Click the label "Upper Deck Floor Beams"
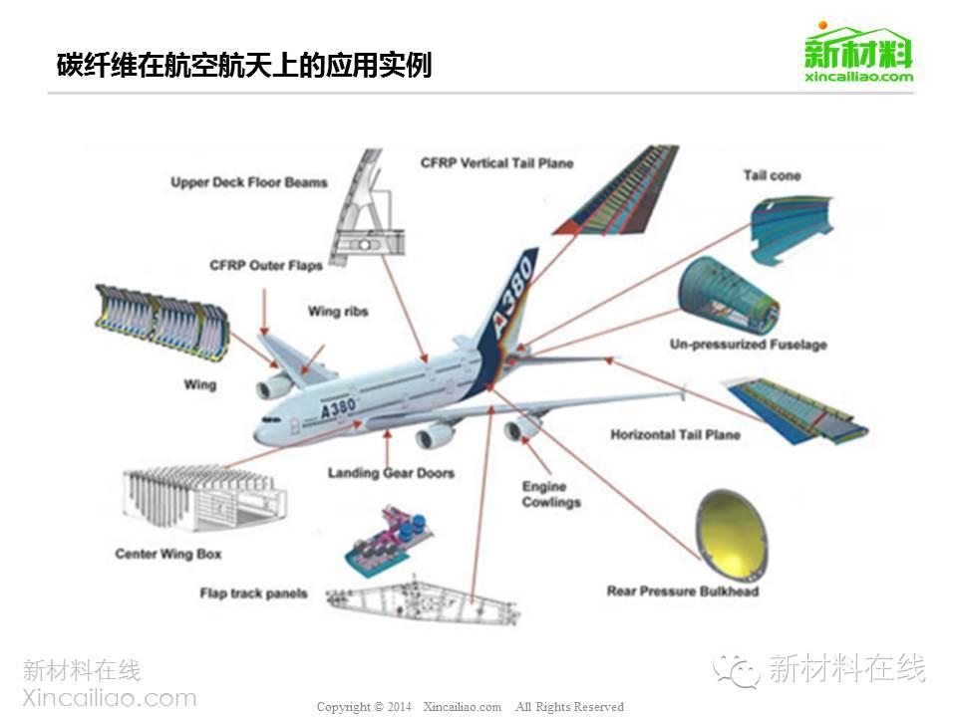click(x=248, y=183)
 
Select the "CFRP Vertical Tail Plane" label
click(x=496, y=162)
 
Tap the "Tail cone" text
click(x=772, y=176)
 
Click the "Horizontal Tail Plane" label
click(x=675, y=435)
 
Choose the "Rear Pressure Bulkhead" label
click(x=682, y=592)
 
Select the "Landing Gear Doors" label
click(x=391, y=473)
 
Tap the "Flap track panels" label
click(x=253, y=595)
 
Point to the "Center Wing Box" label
click(x=168, y=554)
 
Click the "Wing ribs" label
click(x=338, y=312)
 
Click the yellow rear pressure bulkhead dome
click(x=731, y=533)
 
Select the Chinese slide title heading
click(x=244, y=66)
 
